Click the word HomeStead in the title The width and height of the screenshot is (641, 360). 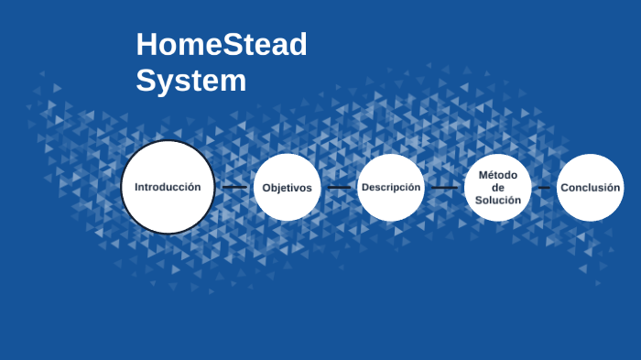[x=222, y=44]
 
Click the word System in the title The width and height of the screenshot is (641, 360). [x=191, y=80]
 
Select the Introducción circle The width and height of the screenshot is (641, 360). [x=168, y=187]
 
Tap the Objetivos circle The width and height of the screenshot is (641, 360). [x=287, y=187]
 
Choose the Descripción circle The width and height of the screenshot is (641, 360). [x=391, y=187]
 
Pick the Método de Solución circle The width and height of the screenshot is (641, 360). [x=498, y=187]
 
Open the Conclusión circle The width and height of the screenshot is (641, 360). [x=591, y=187]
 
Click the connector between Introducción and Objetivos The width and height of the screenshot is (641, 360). [x=234, y=187]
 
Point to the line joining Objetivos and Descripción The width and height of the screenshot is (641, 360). [x=340, y=187]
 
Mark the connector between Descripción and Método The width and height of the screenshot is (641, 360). [x=445, y=187]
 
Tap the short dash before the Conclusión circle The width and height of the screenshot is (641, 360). [x=544, y=187]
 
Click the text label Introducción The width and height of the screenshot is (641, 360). [x=168, y=187]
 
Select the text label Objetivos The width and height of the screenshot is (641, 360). [x=287, y=188]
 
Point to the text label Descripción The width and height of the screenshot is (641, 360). [x=391, y=187]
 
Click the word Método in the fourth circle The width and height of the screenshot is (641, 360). [x=498, y=174]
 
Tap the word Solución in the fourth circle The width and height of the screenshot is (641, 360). [x=498, y=200]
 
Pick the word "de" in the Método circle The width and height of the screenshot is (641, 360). [x=498, y=187]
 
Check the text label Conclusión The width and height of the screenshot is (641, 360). [x=591, y=188]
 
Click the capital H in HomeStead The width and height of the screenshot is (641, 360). [x=147, y=44]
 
